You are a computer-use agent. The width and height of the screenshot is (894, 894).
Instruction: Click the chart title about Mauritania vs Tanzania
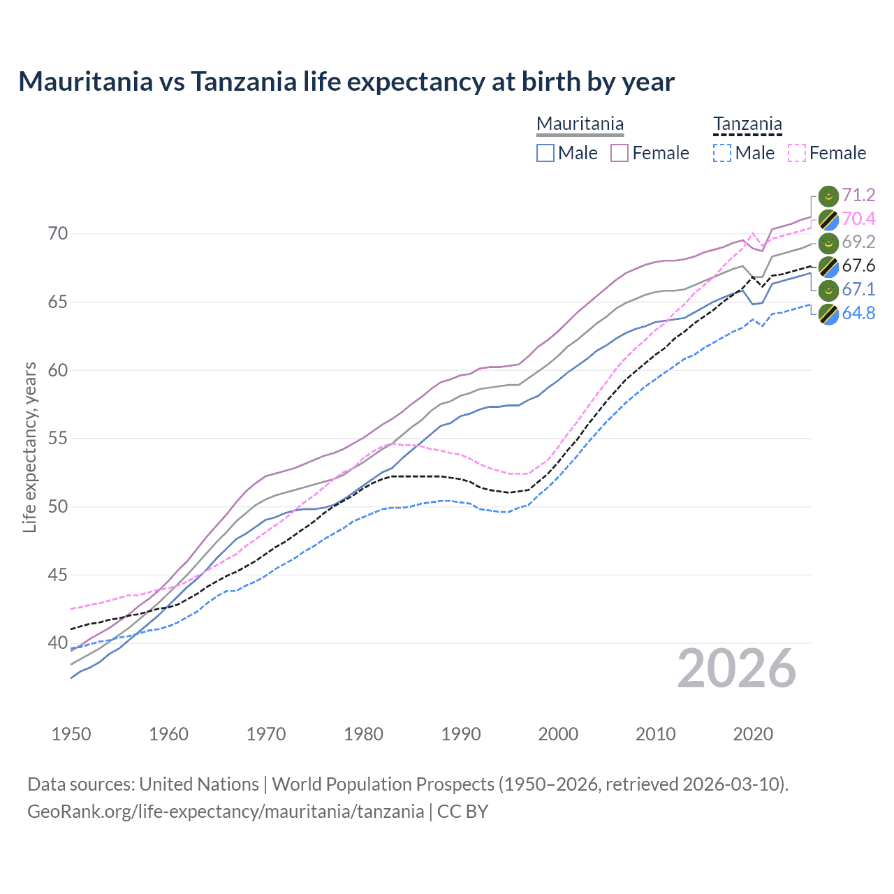tap(346, 82)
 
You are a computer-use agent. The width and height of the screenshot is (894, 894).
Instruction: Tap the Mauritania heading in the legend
tap(580, 124)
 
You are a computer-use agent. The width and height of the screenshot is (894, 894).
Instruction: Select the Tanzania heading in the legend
tap(747, 124)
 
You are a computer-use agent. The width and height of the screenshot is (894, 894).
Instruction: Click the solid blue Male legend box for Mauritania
tap(545, 153)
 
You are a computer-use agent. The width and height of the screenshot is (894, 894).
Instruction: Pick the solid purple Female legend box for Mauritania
tap(620, 153)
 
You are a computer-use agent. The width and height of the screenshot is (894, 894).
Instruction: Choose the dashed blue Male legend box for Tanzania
tap(722, 153)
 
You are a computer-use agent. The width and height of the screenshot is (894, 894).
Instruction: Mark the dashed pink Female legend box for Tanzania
tap(796, 153)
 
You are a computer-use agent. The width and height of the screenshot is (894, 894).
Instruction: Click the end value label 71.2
tap(858, 195)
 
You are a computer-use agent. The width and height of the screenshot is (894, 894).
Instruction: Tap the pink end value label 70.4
tap(858, 219)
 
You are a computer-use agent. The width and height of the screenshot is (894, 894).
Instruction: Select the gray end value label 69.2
tap(858, 242)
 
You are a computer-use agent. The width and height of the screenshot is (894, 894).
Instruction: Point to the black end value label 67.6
tap(858, 265)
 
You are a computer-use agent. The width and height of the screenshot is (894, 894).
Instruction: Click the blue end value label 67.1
tap(858, 289)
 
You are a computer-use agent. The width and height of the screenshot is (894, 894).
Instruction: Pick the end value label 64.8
tap(858, 313)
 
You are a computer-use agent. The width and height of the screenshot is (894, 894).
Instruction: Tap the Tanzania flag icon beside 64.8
tap(828, 314)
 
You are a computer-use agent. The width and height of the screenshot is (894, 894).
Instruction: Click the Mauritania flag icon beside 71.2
tap(828, 196)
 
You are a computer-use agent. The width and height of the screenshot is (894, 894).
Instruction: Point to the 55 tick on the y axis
tap(58, 439)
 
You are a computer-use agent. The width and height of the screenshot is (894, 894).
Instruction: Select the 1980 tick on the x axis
tap(363, 734)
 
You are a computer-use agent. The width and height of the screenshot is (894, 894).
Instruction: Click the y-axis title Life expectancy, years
tap(30, 447)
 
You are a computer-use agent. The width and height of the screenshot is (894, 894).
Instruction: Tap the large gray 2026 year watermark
tap(737, 668)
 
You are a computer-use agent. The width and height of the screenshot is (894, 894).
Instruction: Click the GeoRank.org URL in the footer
tap(226, 811)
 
